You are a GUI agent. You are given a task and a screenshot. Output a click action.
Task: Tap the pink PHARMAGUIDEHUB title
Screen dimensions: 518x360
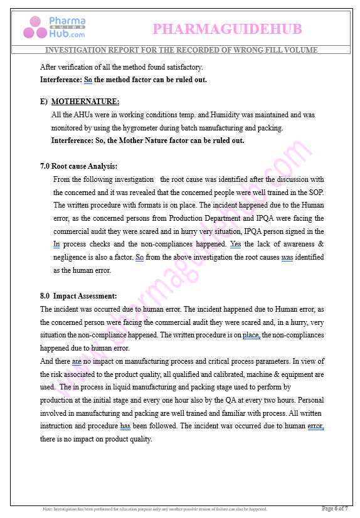[x=227, y=29]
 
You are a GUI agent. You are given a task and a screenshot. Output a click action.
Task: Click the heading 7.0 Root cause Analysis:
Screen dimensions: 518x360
[x=78, y=166]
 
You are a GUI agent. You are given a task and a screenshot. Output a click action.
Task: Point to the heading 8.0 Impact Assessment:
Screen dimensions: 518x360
[x=78, y=296]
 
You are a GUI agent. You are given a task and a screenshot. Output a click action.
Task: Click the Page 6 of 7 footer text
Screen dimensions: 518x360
[x=335, y=509]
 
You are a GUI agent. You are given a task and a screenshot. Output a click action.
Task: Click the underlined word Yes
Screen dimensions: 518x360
[x=235, y=244]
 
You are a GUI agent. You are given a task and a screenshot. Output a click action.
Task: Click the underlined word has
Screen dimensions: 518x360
[x=125, y=426]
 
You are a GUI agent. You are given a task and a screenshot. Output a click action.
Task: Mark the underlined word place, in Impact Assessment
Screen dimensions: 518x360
[x=251, y=336]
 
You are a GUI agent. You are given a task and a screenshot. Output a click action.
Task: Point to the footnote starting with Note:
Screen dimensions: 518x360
[x=154, y=509]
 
